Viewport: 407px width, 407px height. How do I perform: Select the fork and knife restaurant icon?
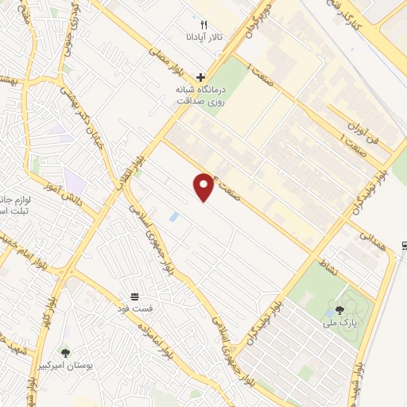(203, 25)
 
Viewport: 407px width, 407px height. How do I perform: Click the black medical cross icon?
(200, 78)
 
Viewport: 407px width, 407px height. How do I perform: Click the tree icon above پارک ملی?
(340, 310)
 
